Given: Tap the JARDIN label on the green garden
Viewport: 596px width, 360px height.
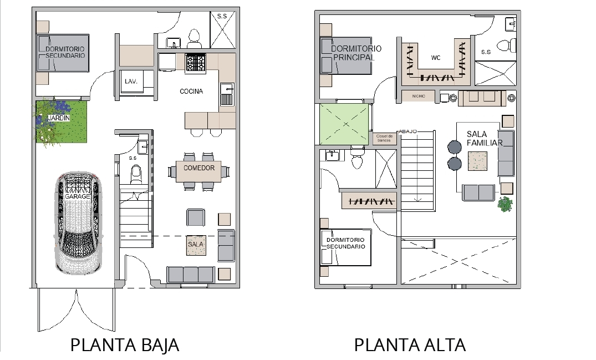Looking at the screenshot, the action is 59,118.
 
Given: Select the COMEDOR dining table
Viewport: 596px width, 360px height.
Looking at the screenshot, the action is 199,171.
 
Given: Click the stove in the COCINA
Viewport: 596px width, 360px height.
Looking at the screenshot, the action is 195,63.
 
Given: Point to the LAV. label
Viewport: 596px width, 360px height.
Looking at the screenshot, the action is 131,82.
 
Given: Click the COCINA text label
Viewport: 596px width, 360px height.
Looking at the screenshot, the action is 191,91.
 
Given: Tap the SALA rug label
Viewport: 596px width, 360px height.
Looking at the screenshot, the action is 196,244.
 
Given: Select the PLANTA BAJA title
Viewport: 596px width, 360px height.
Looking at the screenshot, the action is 125,345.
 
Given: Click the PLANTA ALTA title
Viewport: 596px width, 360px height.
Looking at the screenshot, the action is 410,345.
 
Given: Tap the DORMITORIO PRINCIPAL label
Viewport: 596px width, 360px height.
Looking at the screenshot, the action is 356,53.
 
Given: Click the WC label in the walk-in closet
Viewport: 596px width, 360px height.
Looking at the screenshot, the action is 436,58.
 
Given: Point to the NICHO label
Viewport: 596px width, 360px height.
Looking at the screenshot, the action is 419,96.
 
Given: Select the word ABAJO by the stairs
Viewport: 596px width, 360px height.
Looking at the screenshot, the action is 408,131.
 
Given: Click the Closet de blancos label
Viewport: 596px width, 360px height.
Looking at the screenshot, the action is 384,138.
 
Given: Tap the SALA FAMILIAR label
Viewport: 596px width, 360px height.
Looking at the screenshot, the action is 485,138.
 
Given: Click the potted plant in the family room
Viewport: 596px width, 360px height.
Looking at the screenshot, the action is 505,204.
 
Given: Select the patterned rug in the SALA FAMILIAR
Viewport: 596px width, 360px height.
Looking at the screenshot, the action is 477,161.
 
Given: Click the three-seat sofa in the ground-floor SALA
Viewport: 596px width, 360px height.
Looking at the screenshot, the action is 191,275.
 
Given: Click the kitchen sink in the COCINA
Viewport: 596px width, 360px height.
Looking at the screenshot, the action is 227,94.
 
